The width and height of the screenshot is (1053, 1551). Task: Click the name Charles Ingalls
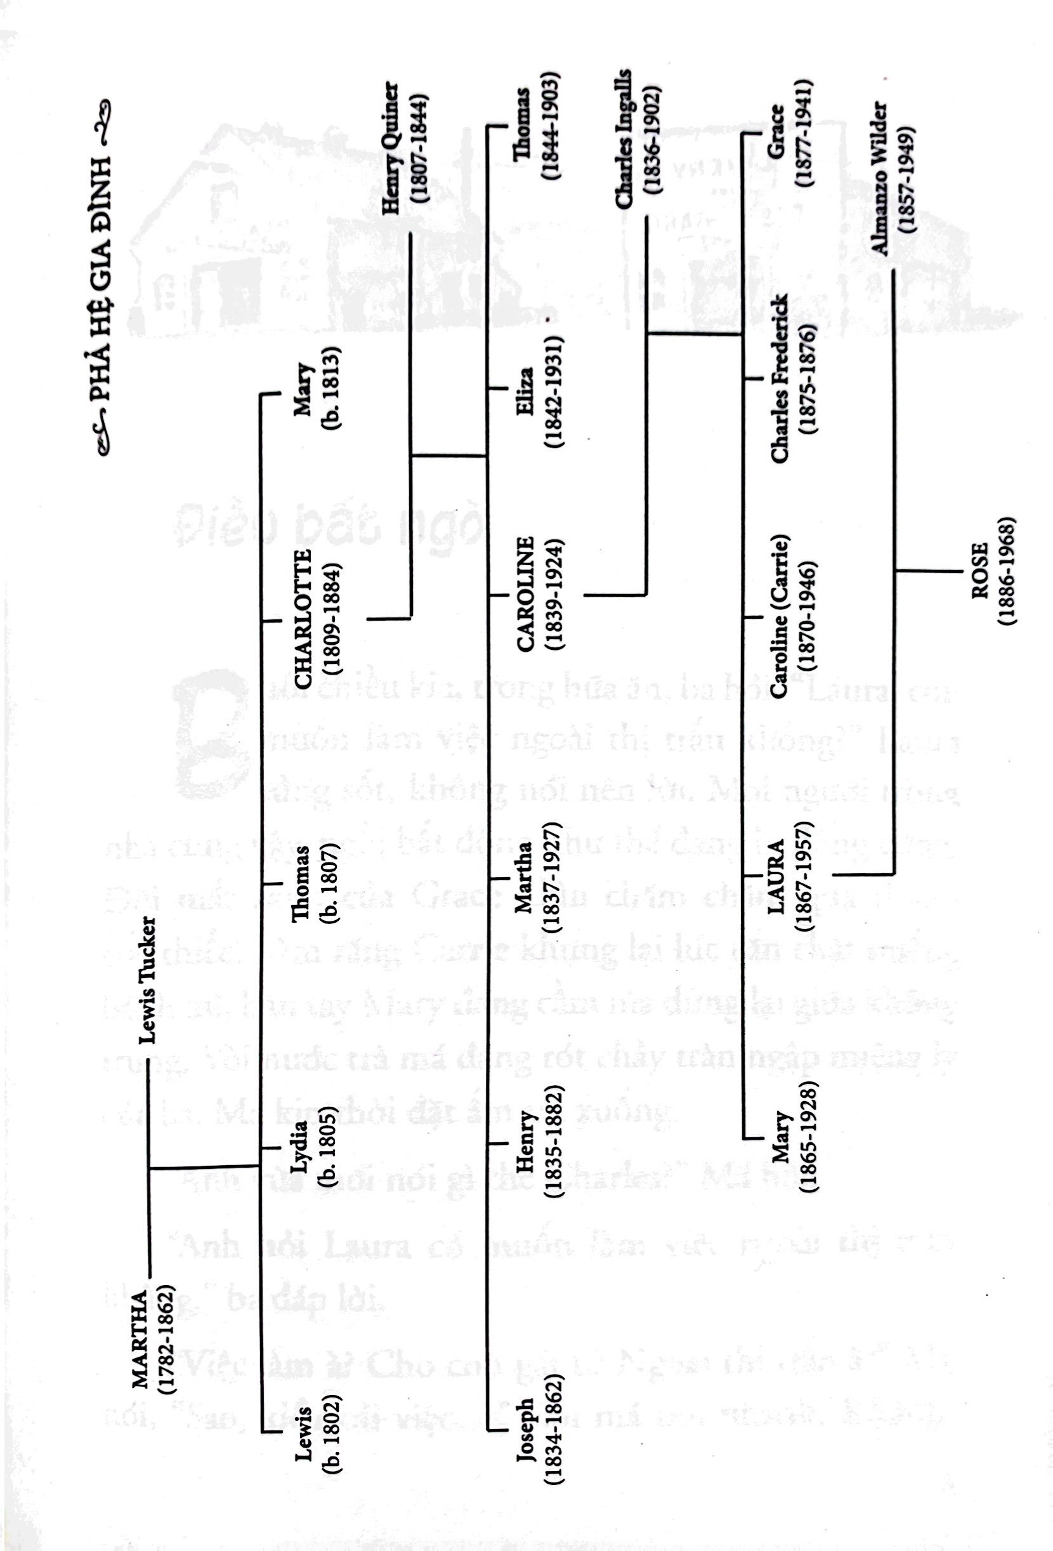[625, 139]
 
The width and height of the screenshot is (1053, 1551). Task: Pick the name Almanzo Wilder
[880, 178]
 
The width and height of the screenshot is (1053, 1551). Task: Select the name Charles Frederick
[779, 378]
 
